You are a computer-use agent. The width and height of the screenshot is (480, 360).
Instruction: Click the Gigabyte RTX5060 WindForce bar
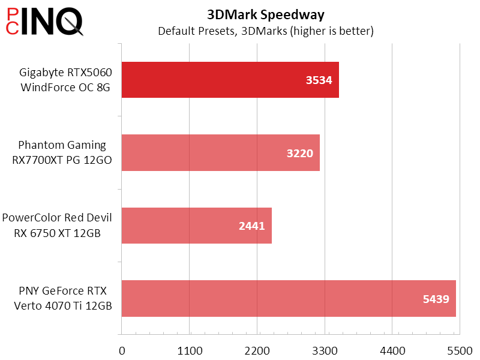230,80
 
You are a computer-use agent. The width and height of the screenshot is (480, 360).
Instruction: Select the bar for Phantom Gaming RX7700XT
220,152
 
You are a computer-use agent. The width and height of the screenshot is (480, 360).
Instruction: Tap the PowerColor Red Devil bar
196,226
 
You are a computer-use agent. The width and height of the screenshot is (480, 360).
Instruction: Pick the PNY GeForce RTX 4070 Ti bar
288,298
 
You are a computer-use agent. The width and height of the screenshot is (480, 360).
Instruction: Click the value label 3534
319,80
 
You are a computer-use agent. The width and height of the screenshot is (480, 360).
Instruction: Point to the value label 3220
299,153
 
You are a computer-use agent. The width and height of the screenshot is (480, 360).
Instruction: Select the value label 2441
252,226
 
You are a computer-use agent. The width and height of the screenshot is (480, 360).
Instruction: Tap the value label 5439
436,299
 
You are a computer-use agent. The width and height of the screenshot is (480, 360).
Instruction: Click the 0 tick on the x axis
122,350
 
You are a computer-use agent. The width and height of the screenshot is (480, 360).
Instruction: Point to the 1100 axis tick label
190,350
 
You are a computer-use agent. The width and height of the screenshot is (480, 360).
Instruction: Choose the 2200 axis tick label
257,350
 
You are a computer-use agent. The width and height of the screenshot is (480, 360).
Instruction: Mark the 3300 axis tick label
325,350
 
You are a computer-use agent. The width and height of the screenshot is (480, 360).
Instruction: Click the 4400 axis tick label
392,350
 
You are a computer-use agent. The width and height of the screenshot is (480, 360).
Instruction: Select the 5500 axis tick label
459,350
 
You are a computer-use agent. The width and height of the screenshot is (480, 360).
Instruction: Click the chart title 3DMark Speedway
265,14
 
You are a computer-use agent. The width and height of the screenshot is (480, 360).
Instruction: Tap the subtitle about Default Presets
265,31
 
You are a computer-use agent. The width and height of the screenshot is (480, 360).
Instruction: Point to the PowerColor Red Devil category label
57,226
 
